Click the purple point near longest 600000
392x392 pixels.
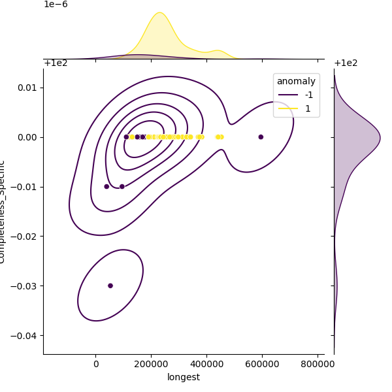[x=261, y=137]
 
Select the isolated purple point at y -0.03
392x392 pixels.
[x=110, y=286]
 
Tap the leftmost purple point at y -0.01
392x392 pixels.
[x=106, y=186]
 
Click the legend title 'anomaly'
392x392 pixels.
[x=296, y=82]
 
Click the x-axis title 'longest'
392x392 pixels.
[x=184, y=377]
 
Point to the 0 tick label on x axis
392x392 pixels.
[x=96, y=365]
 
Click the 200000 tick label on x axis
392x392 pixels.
[x=152, y=365]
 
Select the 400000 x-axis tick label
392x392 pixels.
[x=207, y=365]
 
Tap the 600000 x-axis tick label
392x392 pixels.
[x=263, y=365]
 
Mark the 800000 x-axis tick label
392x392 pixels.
[x=318, y=365]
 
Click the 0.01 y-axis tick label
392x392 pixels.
[x=29, y=88]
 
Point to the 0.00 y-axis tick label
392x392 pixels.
[x=29, y=137]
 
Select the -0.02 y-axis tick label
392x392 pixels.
[x=27, y=236]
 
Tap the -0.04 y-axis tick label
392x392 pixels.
[x=27, y=335]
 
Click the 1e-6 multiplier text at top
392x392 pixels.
[x=56, y=5]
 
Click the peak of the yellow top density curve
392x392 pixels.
[x=159, y=12]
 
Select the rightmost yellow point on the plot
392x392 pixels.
[x=221, y=137]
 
